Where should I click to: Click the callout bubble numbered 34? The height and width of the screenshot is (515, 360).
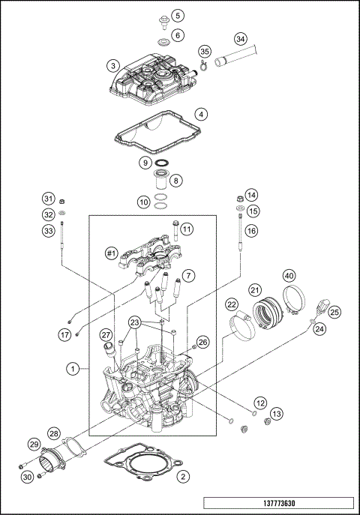[240, 38]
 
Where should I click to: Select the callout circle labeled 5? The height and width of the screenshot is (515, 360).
[177, 15]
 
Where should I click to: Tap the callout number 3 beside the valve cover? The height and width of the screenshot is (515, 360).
[112, 64]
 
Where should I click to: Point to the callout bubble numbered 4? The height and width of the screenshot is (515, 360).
[199, 114]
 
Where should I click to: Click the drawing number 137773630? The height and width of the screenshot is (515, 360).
[277, 504]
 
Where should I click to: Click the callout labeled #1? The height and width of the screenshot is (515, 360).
[112, 253]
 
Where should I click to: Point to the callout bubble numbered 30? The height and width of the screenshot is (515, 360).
[27, 478]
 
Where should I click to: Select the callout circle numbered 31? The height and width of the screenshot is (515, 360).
[49, 199]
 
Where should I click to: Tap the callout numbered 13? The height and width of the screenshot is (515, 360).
[277, 413]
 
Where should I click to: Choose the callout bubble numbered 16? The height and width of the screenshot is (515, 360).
[251, 232]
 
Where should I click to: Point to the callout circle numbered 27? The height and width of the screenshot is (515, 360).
[106, 334]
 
